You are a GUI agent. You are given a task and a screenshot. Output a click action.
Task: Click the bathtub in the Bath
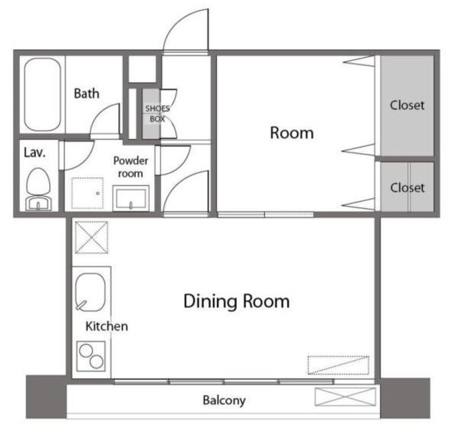point(43,94)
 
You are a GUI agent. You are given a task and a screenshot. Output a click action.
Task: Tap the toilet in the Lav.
point(38,189)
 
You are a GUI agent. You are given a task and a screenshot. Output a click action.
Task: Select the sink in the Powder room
point(131,198)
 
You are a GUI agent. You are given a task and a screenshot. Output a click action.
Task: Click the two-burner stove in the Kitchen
point(91,356)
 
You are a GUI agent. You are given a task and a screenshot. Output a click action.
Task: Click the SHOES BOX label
point(157,114)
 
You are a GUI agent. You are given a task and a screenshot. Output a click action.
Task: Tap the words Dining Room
point(237,301)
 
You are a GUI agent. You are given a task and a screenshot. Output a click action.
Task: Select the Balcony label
point(224,400)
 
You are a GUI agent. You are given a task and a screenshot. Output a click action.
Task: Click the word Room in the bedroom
point(292,133)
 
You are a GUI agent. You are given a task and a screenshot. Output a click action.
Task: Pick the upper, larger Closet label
point(407,105)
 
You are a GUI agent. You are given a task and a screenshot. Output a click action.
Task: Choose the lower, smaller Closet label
point(407,188)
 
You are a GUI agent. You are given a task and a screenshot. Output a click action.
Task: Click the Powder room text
point(130,167)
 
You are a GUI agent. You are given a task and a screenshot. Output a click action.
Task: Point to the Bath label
point(87,94)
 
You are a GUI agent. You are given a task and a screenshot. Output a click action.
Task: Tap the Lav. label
point(34,152)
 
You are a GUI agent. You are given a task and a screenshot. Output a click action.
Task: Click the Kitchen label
point(107,326)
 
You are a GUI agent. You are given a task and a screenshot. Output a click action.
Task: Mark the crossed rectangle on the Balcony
point(345,397)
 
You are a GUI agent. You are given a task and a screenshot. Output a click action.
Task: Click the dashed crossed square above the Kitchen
point(92,237)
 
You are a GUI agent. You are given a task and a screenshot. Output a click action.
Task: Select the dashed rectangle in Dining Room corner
point(338,365)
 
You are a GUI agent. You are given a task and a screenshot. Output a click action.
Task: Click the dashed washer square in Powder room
point(87,193)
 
